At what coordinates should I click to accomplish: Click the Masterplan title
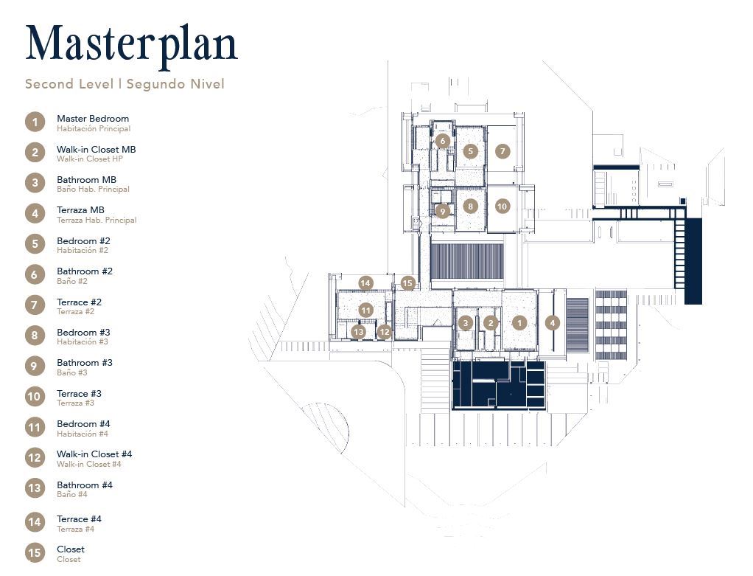pyautogui.click(x=131, y=44)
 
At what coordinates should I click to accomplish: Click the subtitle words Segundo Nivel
pyautogui.click(x=175, y=84)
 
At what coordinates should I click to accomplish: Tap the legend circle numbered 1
pyautogui.click(x=35, y=122)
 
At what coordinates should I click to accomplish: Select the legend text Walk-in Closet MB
pyautogui.click(x=96, y=150)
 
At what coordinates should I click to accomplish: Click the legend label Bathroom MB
pyautogui.click(x=86, y=180)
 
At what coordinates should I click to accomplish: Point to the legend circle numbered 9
pyautogui.click(x=35, y=366)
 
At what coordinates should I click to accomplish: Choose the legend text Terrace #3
pyautogui.click(x=79, y=394)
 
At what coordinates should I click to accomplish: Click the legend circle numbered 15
pyautogui.click(x=35, y=552)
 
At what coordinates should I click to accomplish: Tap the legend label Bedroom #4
pyautogui.click(x=83, y=424)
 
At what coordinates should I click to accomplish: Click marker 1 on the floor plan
pyautogui.click(x=519, y=322)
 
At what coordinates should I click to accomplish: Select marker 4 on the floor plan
pyautogui.click(x=552, y=322)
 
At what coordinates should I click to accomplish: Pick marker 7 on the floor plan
pyautogui.click(x=502, y=151)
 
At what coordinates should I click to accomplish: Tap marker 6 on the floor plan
pyautogui.click(x=442, y=140)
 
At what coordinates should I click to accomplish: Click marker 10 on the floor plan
pyautogui.click(x=502, y=207)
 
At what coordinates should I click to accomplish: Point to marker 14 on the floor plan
pyautogui.click(x=365, y=282)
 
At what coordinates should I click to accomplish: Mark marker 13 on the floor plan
pyautogui.click(x=358, y=332)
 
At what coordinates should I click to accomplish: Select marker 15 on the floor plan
pyautogui.click(x=407, y=282)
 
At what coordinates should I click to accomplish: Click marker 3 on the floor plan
pyautogui.click(x=465, y=322)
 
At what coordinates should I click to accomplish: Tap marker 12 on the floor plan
pyautogui.click(x=384, y=332)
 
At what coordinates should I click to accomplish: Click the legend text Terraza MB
pyautogui.click(x=80, y=210)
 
